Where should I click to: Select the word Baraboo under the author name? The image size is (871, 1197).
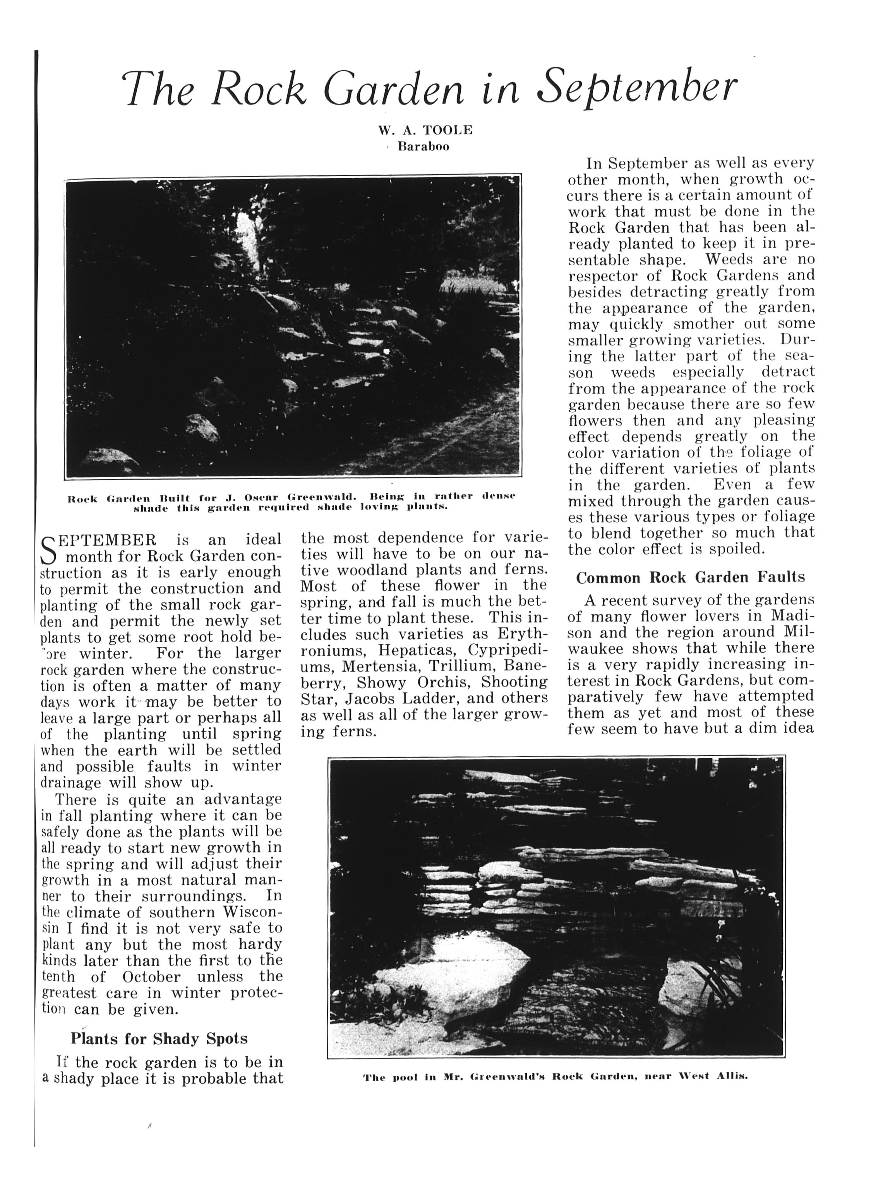[423, 147]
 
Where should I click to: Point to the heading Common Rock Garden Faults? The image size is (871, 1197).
[691, 578]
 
